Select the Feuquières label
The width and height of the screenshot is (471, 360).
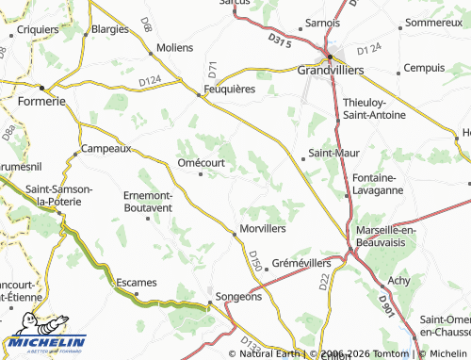pyautogui.click(x=231, y=91)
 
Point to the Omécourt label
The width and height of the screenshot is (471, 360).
pyautogui.click(x=200, y=161)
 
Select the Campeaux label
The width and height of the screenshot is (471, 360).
pyautogui.click(x=106, y=149)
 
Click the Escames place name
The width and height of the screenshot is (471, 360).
pyautogui.click(x=136, y=283)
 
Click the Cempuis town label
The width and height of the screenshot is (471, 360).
pyautogui.click(x=422, y=68)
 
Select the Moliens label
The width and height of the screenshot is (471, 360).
pyautogui.click(x=175, y=47)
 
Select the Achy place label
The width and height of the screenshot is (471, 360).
pyautogui.click(x=399, y=280)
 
